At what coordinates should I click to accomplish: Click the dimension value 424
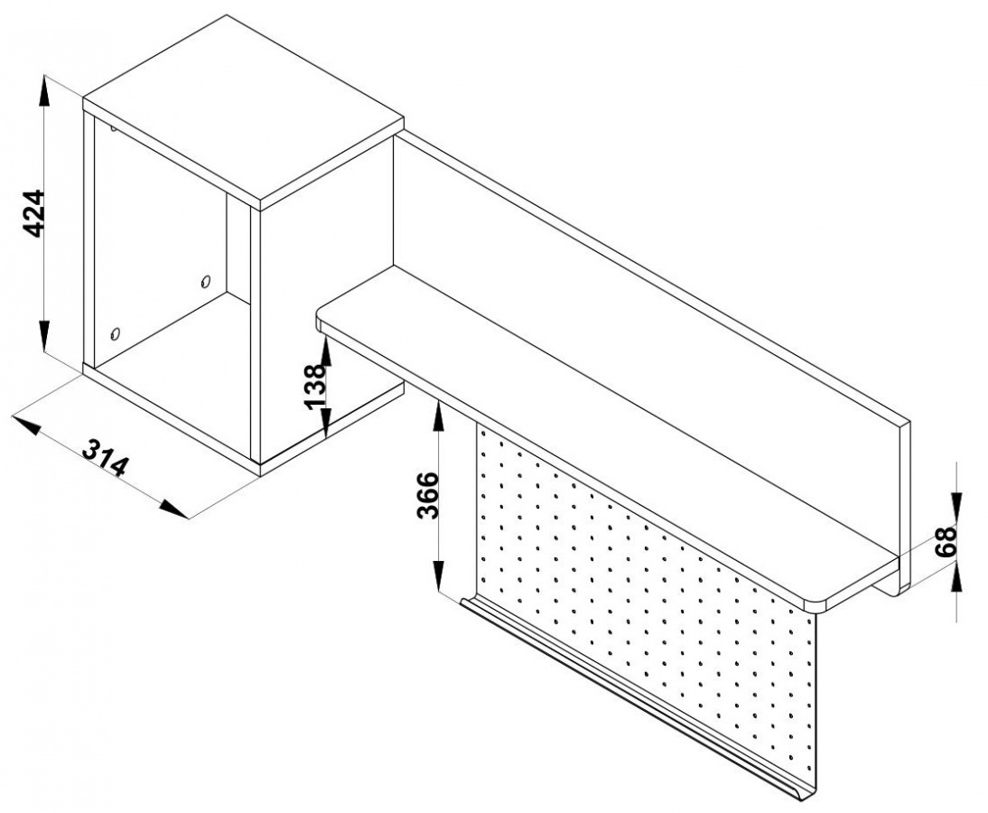point(33,214)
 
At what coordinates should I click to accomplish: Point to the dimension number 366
point(428,495)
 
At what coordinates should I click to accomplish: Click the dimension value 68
point(946,541)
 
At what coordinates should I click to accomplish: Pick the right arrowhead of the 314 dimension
point(172,508)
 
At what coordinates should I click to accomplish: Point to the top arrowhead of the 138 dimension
point(325,351)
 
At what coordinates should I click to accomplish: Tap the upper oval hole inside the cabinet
point(205,280)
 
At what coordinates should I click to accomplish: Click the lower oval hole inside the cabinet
point(114,332)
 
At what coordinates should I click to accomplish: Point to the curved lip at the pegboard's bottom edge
point(637,699)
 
